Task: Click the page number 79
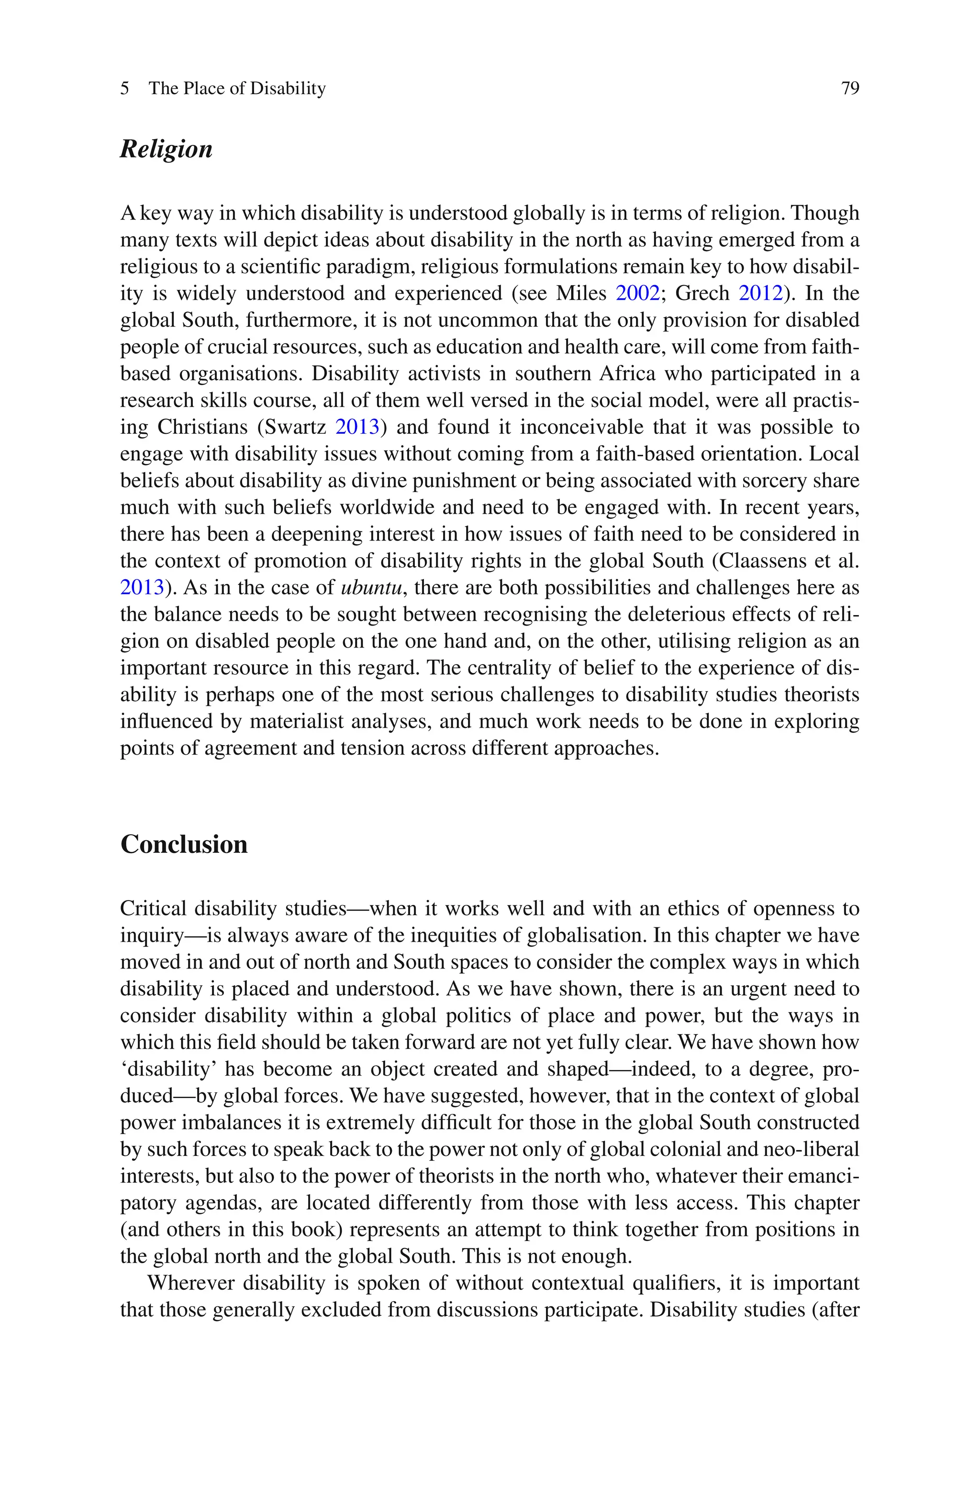tap(850, 88)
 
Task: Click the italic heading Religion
tap(166, 149)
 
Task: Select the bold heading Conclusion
tap(184, 844)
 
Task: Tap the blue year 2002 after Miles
tap(637, 293)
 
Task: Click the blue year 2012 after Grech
tap(761, 293)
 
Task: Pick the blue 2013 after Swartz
tap(357, 427)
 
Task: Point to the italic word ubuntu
tap(371, 588)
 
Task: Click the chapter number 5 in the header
tap(125, 88)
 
